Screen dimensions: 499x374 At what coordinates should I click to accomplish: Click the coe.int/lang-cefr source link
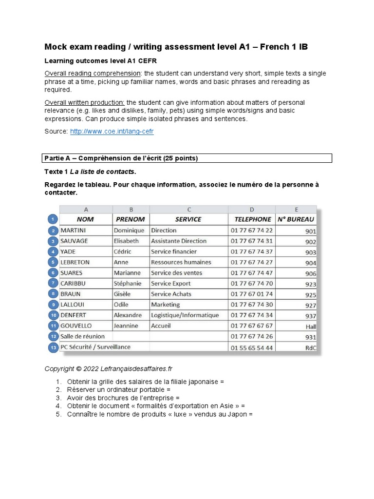click(x=112, y=132)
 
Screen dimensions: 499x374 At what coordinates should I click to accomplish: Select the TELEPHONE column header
click(x=252, y=219)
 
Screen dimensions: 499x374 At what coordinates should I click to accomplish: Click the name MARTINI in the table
click(x=73, y=230)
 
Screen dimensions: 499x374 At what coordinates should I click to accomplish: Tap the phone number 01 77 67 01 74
click(x=252, y=294)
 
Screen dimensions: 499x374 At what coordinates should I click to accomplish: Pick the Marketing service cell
click(x=166, y=305)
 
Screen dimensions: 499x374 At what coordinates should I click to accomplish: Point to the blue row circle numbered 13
click(x=53, y=347)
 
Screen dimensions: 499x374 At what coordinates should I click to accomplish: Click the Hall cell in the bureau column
click(x=310, y=326)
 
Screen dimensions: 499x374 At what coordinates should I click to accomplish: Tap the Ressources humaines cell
click(x=181, y=262)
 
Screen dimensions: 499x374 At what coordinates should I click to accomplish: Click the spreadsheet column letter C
click(x=188, y=210)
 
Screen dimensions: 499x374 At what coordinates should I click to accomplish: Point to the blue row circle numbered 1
click(x=53, y=219)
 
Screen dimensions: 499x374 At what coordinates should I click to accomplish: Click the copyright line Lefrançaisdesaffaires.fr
click(x=109, y=369)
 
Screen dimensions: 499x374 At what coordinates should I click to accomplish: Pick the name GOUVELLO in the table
click(x=76, y=326)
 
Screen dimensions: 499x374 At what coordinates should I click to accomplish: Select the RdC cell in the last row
click(x=310, y=348)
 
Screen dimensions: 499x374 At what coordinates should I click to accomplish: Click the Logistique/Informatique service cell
click(x=185, y=315)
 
